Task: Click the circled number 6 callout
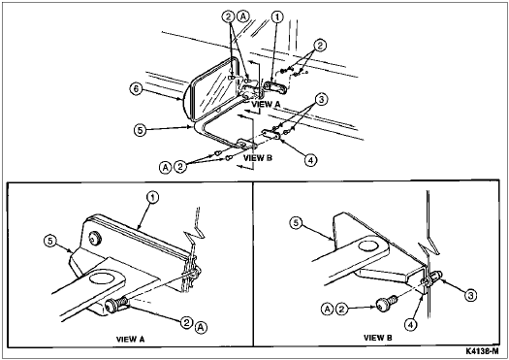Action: click(x=137, y=88)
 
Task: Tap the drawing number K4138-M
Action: click(x=482, y=351)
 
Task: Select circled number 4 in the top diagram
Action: click(x=310, y=160)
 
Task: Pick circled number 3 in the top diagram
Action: click(x=321, y=100)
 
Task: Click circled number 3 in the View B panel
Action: click(x=470, y=295)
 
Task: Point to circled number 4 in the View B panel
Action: click(x=411, y=324)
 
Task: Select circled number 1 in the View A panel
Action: click(x=153, y=197)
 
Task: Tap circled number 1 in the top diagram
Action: click(x=278, y=16)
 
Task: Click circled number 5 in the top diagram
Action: click(x=140, y=130)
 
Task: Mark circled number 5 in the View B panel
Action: click(x=296, y=223)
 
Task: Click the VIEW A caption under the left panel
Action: click(x=131, y=340)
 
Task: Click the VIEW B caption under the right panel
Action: click(x=378, y=338)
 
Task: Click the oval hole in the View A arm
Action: click(x=101, y=279)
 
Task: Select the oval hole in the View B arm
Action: click(x=367, y=245)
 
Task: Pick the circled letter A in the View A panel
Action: click(x=202, y=328)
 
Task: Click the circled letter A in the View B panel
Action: click(x=328, y=309)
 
